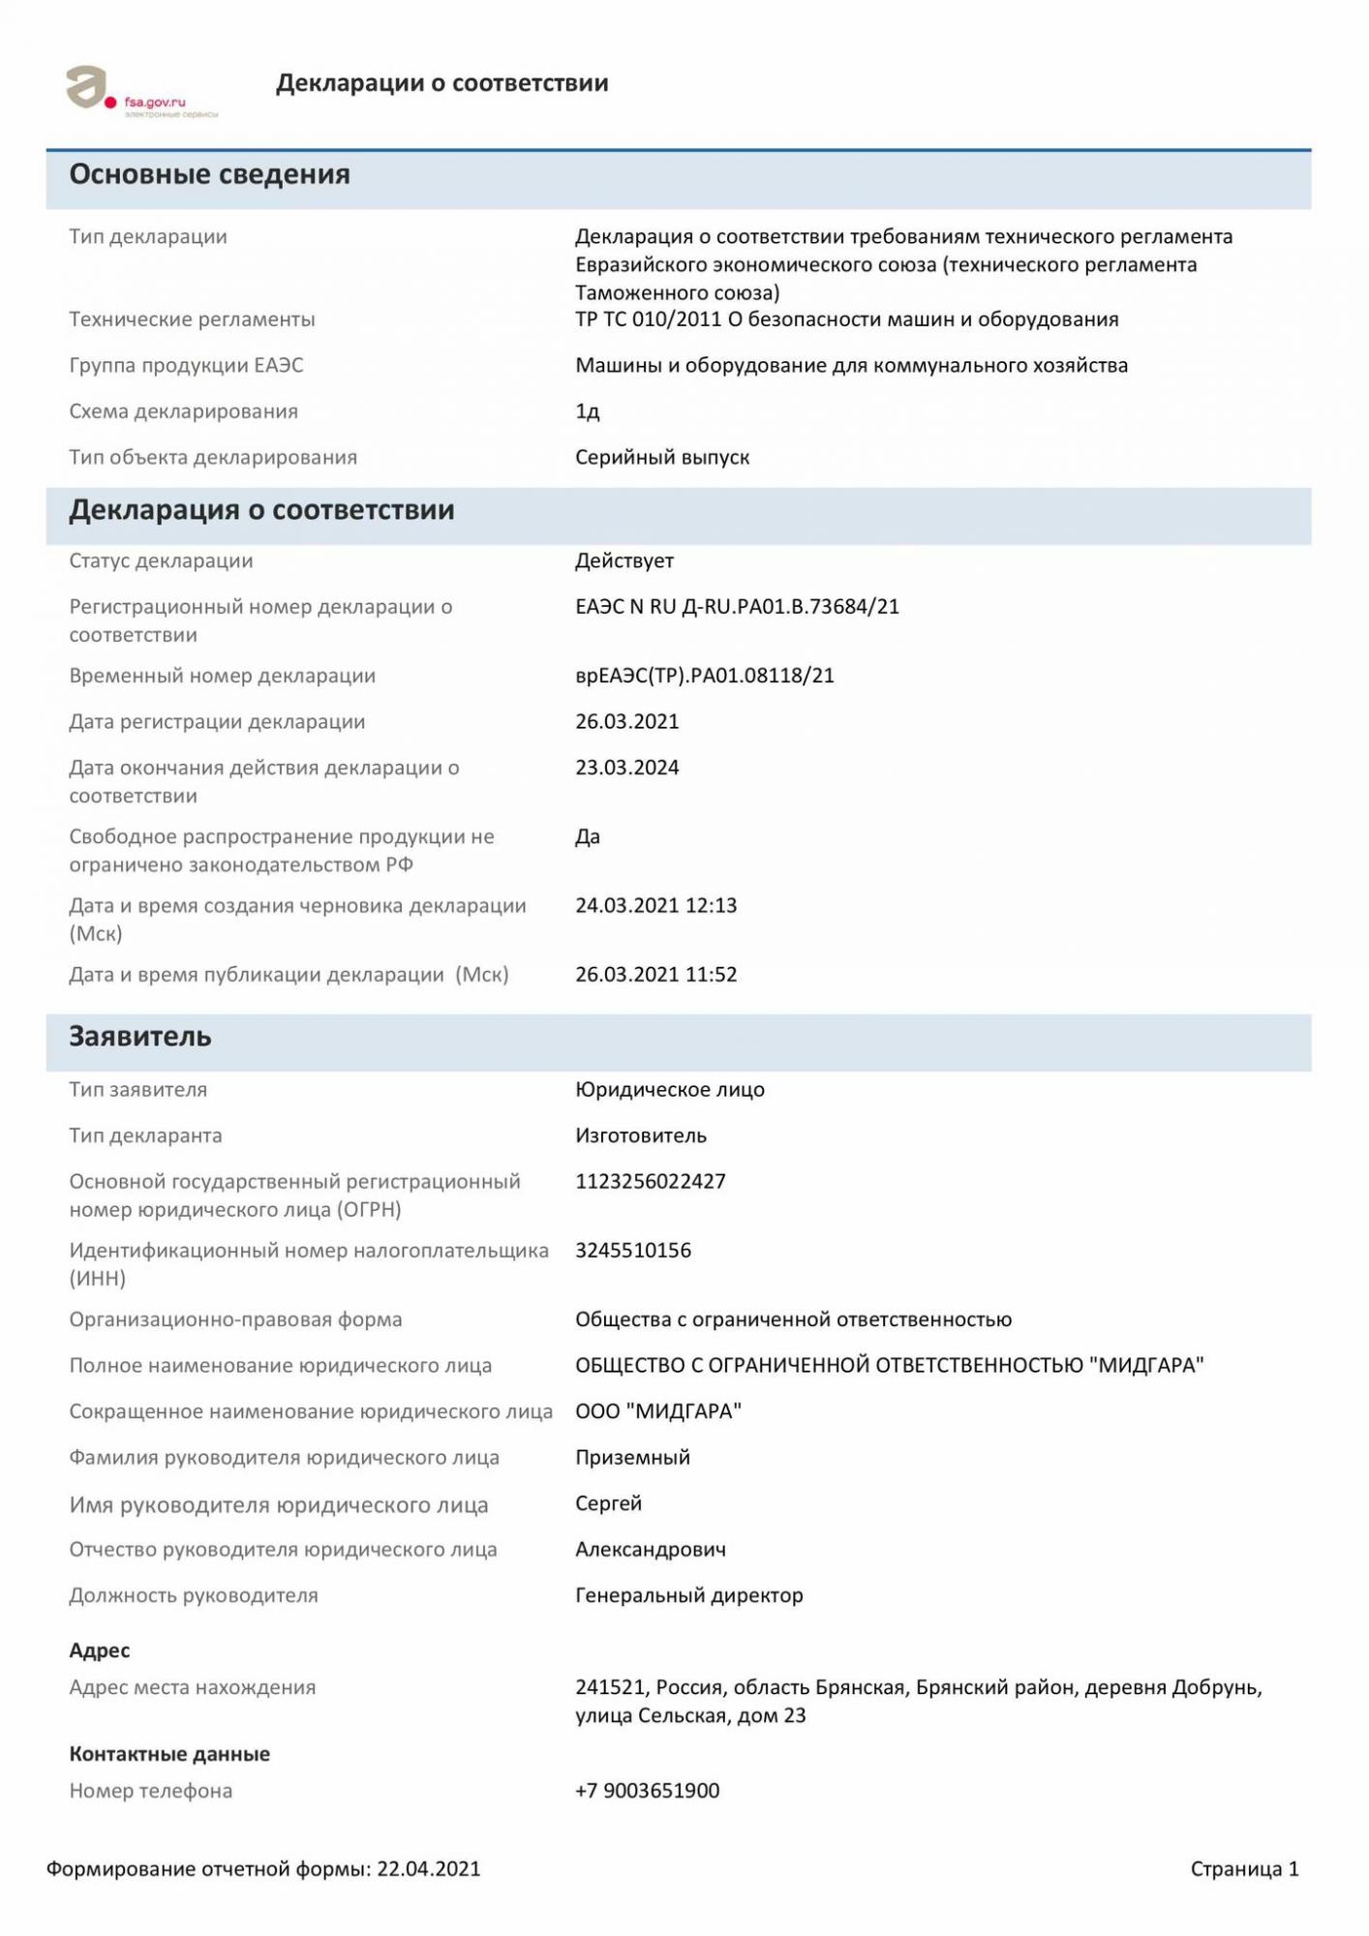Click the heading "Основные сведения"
click(x=209, y=175)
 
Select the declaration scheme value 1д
click(x=588, y=411)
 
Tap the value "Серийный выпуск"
click(x=662, y=457)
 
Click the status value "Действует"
click(x=624, y=560)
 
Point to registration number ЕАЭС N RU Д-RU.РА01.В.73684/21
click(x=737, y=607)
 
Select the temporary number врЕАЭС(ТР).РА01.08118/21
click(x=704, y=676)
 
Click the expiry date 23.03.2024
click(x=626, y=768)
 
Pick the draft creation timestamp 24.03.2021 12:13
click(x=655, y=906)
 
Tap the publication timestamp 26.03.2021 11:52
click(x=655, y=975)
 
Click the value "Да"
click(x=588, y=837)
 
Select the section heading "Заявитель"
click(x=139, y=1037)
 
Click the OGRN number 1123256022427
click(x=650, y=1182)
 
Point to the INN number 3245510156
click(x=633, y=1251)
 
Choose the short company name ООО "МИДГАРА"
click(x=658, y=1411)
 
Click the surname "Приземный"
click(x=632, y=1458)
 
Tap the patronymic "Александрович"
click(x=651, y=1550)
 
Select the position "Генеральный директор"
click(x=688, y=1595)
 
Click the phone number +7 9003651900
click(x=647, y=1791)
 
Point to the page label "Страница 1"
click(x=1244, y=1869)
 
